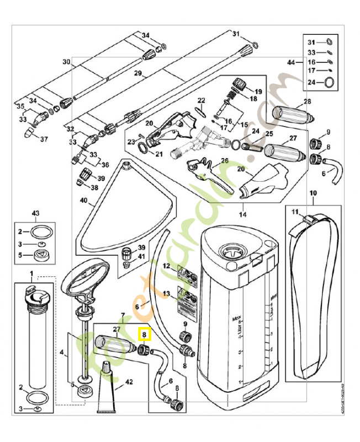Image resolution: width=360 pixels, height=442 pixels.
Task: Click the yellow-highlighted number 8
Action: point(144,334)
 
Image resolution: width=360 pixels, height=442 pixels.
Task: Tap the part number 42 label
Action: point(129,381)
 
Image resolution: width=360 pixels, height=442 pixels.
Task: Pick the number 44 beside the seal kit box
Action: point(292,63)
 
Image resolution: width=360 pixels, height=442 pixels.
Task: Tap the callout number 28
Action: point(307,101)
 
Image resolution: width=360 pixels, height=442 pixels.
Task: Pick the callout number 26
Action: point(224,161)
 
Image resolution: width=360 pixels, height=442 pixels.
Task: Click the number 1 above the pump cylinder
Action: point(31,273)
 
